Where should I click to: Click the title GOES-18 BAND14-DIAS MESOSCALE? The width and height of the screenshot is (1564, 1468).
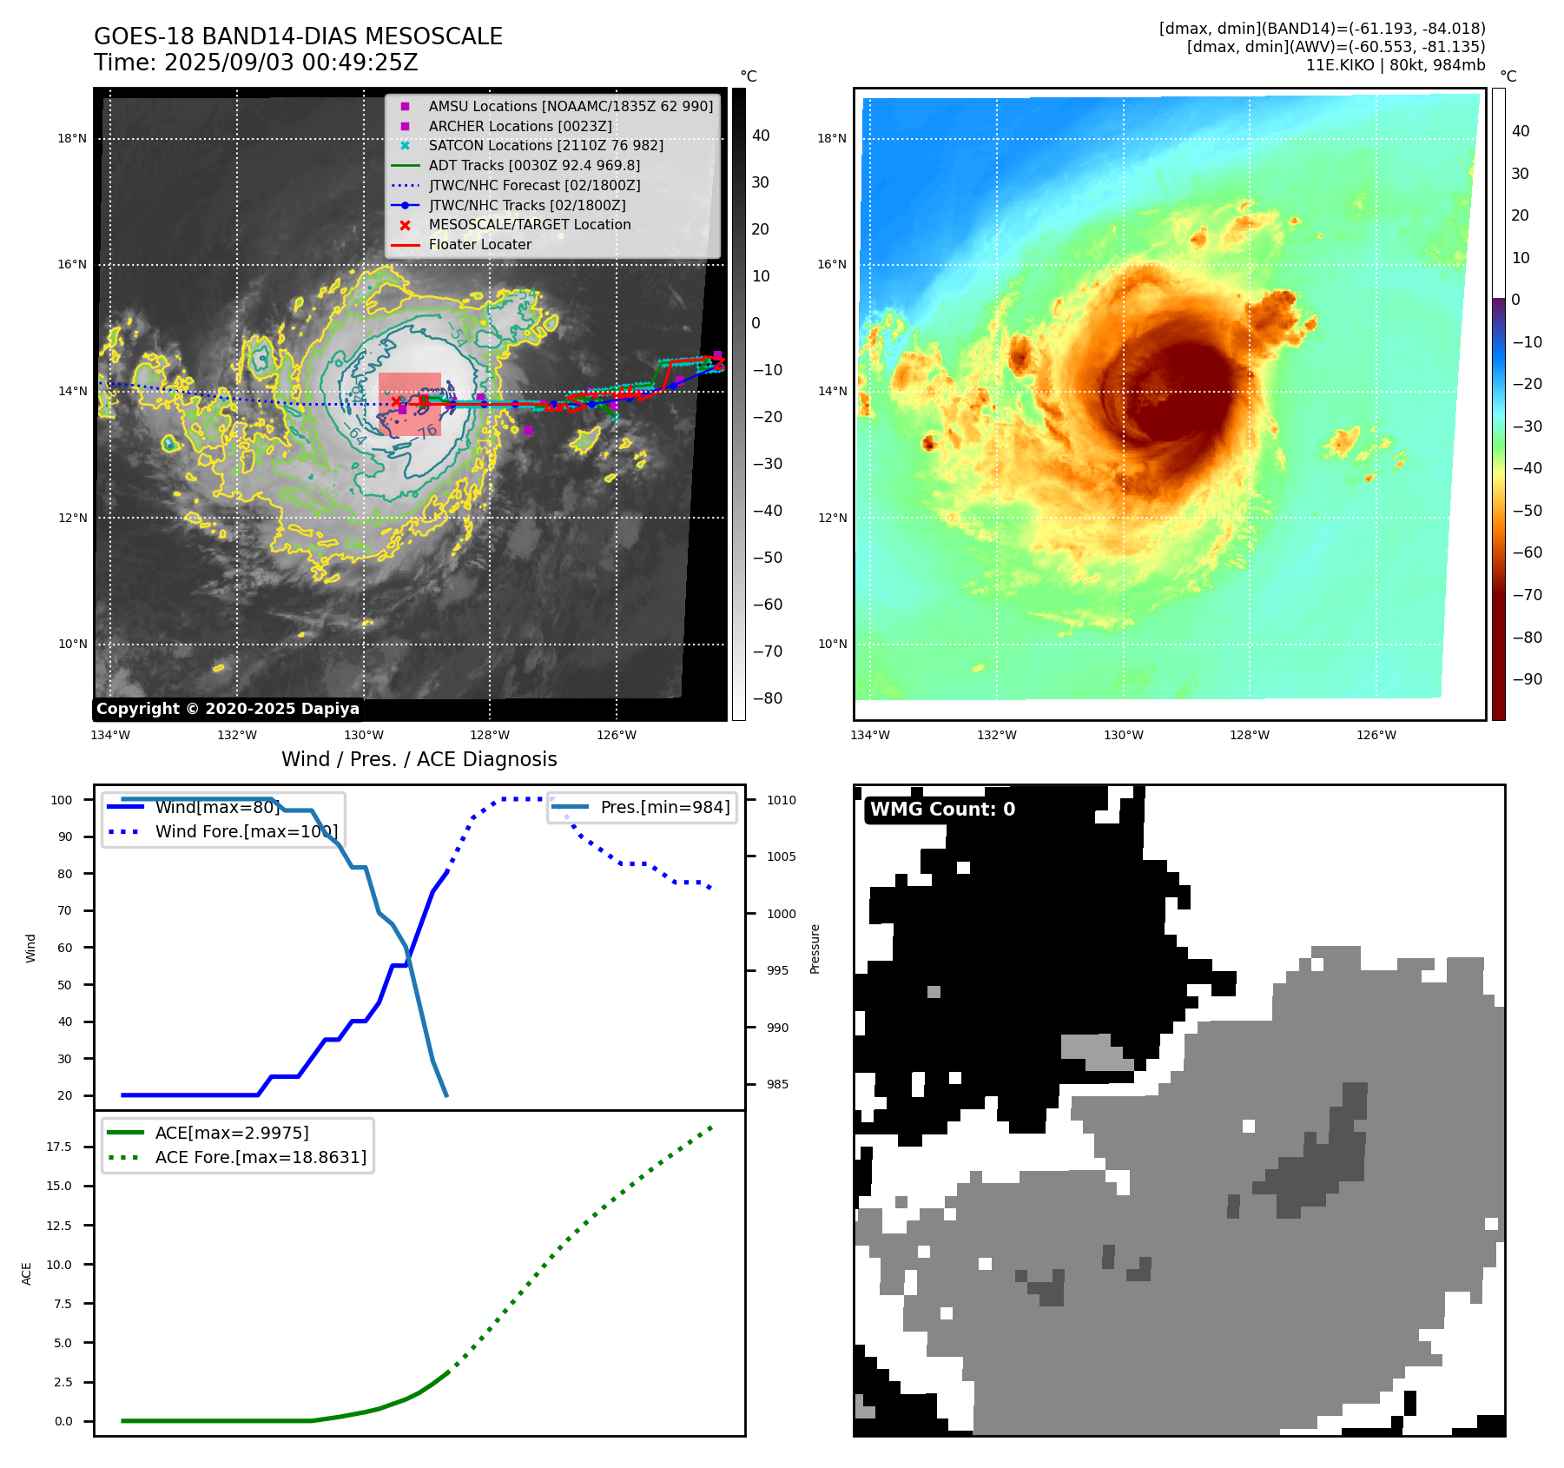click(298, 36)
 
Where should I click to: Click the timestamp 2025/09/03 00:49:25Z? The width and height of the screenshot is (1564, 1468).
click(291, 63)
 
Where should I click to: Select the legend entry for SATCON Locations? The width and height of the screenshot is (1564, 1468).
click(545, 145)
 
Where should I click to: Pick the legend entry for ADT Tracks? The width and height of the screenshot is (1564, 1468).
click(534, 165)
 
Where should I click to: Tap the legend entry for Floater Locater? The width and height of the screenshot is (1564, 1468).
click(479, 244)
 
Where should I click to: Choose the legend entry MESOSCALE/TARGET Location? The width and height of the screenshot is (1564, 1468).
click(529, 224)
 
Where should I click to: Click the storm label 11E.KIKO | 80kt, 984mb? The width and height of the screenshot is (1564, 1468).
click(1396, 65)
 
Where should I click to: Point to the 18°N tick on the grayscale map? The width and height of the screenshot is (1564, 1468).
click(72, 138)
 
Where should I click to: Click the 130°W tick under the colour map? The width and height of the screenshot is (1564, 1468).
click(1123, 735)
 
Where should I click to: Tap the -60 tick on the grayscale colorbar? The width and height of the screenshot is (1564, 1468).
click(767, 605)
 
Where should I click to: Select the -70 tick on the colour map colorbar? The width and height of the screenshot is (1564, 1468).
click(1527, 595)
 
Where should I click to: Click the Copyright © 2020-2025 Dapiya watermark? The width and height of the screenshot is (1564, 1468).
click(228, 709)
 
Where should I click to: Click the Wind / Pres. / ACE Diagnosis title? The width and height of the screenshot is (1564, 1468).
click(419, 759)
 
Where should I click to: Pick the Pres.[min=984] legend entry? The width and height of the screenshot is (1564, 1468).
click(664, 807)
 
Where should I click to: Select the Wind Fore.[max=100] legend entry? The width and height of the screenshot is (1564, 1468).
click(246, 831)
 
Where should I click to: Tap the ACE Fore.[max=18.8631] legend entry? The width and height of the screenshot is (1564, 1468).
click(261, 1157)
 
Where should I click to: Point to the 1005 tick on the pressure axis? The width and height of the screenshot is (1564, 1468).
click(781, 856)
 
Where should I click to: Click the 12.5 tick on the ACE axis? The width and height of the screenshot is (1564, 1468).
click(59, 1226)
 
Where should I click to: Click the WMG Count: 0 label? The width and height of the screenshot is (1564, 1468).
click(942, 810)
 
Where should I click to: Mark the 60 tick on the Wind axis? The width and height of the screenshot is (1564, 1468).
click(65, 948)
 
